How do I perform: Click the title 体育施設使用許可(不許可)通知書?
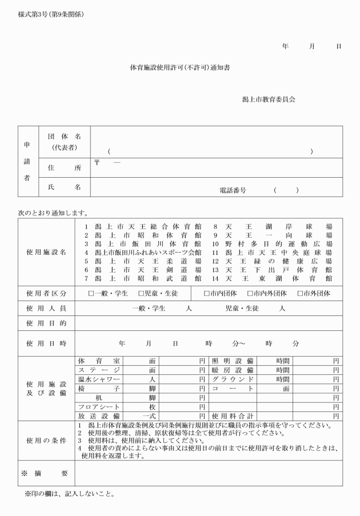[x=181, y=67]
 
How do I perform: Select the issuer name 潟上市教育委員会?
[x=268, y=99]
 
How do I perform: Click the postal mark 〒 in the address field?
[x=97, y=163]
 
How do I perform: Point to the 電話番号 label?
[x=233, y=190]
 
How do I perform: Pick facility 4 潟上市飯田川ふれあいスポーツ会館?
[x=143, y=252]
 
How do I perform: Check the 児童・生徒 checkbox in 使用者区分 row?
[x=141, y=293]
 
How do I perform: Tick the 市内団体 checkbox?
[x=207, y=293]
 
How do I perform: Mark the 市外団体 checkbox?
[x=300, y=293]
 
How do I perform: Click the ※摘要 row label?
[x=46, y=473]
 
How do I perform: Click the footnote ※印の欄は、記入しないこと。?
[x=69, y=494]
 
